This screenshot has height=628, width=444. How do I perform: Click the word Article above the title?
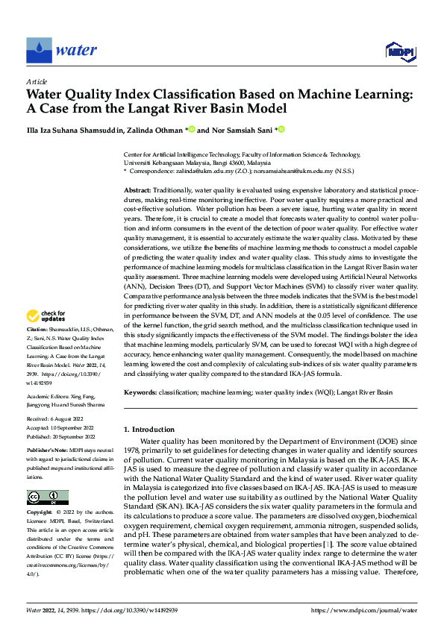tap(37, 81)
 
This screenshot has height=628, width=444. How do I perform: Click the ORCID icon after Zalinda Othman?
tap(191, 129)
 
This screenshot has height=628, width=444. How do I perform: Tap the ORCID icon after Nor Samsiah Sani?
tap(281, 129)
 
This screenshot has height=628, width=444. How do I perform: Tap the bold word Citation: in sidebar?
tap(38, 349)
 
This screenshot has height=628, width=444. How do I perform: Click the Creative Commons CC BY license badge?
tap(47, 477)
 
